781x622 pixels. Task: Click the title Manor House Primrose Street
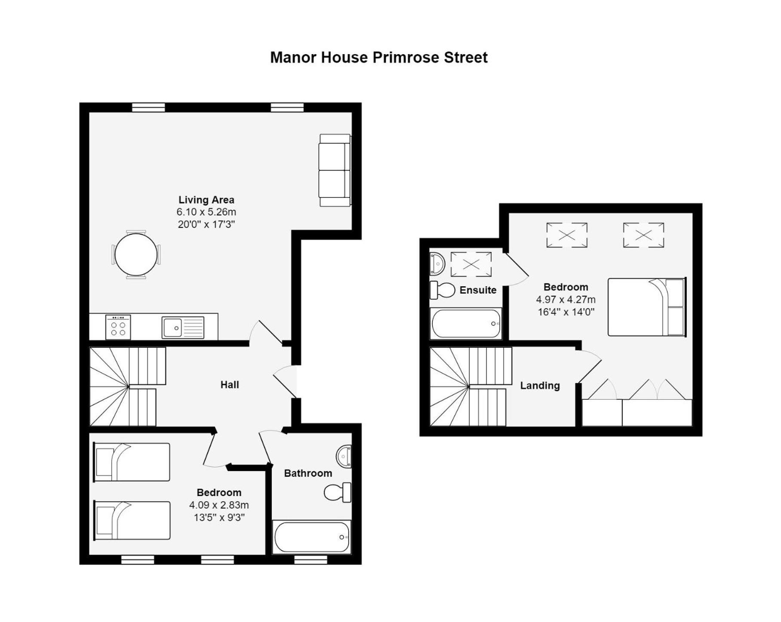[378, 57]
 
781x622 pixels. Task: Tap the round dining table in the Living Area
[136, 254]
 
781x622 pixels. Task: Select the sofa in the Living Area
[335, 170]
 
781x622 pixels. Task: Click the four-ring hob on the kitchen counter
[118, 327]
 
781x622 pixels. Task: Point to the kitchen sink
[183, 328]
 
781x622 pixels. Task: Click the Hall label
[230, 385]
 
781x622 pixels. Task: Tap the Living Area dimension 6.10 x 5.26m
[206, 212]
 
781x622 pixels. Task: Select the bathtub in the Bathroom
[312, 537]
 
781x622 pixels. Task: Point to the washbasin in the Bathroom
[344, 456]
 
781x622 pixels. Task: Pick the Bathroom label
[308, 473]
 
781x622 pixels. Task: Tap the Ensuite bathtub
[466, 324]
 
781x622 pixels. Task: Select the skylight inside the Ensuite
[471, 264]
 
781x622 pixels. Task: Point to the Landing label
[540, 386]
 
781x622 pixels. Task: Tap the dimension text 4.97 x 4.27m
[566, 300]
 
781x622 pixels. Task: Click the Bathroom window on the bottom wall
[311, 559]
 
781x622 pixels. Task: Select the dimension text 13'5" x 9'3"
[219, 517]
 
